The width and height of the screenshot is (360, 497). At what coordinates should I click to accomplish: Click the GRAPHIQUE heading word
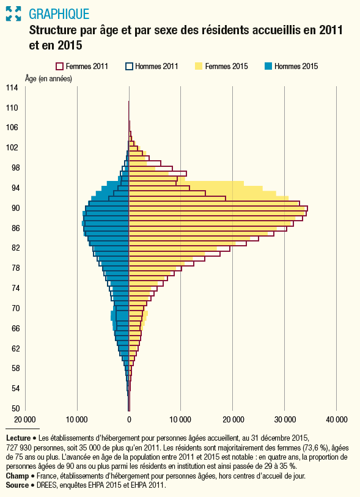pos(58,13)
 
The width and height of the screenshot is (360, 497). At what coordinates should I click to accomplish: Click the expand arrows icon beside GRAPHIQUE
pos(13,13)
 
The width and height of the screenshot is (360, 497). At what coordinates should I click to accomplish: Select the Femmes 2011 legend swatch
pos(60,66)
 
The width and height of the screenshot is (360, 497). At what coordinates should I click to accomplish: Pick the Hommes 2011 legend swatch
pos(129,66)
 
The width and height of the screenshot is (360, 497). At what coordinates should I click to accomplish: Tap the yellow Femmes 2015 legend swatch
pos(198,66)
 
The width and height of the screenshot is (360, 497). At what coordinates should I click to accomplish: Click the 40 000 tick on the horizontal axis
pos(336,419)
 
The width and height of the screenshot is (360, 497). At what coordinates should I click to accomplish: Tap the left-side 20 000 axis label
pos(25,419)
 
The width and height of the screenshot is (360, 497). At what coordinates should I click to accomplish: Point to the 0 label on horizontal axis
pos(129,419)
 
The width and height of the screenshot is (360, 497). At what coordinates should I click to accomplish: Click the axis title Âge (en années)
pos(48,79)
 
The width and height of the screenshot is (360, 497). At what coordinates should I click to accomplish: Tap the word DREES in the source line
pos(48,485)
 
